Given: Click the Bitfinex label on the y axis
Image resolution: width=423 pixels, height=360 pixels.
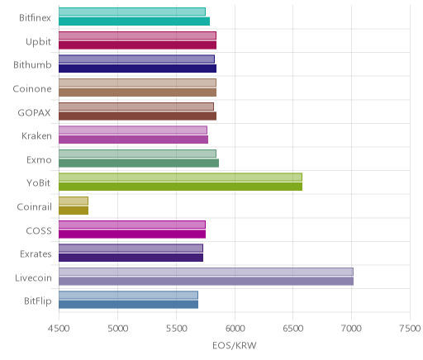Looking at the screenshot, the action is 35,18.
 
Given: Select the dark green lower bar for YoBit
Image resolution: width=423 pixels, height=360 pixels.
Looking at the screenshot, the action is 180,187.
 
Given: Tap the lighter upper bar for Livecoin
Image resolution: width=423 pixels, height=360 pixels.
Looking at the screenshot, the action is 206,272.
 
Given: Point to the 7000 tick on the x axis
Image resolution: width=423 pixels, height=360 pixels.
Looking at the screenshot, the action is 351,329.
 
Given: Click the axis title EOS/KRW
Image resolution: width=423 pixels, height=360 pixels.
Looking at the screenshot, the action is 235,345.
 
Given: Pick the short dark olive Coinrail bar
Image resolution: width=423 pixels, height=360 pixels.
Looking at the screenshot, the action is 74,211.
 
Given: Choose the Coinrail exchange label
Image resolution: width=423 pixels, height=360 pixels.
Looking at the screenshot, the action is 34,207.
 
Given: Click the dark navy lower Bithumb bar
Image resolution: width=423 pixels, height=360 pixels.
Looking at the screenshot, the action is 137,69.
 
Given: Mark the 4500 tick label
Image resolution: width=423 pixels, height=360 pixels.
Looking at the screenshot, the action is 59,329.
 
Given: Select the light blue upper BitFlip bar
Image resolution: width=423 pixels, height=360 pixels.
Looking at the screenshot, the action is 128,295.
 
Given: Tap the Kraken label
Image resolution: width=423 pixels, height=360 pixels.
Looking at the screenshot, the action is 36,136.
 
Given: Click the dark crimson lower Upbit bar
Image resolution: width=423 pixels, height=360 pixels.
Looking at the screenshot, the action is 137,45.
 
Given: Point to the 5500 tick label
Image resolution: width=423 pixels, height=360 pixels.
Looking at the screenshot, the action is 176,329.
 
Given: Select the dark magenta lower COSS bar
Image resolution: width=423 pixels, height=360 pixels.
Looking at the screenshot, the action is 132,234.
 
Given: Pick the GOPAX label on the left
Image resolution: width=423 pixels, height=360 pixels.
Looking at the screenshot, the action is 35,112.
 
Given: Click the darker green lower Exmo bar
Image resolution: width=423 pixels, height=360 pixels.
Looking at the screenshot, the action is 139,163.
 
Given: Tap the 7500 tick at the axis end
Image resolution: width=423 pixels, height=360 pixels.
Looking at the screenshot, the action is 410,329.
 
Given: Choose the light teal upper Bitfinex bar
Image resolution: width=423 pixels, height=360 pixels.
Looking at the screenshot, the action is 132,12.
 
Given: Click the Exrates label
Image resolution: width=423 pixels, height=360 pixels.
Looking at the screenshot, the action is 36,254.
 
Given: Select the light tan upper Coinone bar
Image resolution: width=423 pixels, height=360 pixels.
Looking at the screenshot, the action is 137,83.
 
